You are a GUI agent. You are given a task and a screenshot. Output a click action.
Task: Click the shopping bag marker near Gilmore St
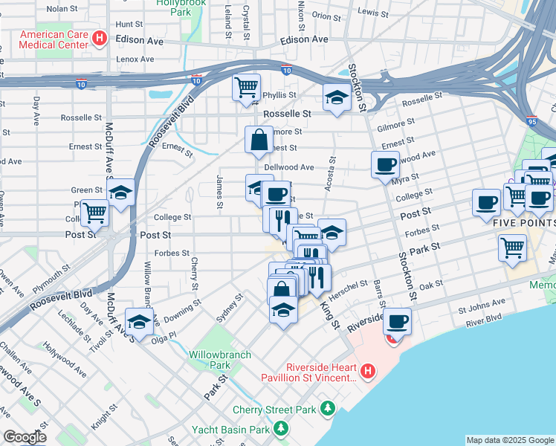(x=259, y=140)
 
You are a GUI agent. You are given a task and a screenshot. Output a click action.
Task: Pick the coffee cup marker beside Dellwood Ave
(x=385, y=165)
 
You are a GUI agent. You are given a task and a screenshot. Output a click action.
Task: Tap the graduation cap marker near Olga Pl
(x=139, y=322)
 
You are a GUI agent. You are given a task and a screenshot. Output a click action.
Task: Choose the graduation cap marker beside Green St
(x=120, y=193)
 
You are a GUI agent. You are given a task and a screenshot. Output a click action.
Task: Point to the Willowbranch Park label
(x=210, y=360)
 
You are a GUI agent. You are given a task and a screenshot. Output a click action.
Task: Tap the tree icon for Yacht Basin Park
(x=280, y=429)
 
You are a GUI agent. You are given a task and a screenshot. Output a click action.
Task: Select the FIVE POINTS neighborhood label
(x=525, y=222)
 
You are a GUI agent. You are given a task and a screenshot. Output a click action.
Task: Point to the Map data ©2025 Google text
(x=509, y=440)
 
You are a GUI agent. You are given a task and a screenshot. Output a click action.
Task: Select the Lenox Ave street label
(x=136, y=59)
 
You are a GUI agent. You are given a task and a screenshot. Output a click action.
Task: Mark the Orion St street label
(x=326, y=15)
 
